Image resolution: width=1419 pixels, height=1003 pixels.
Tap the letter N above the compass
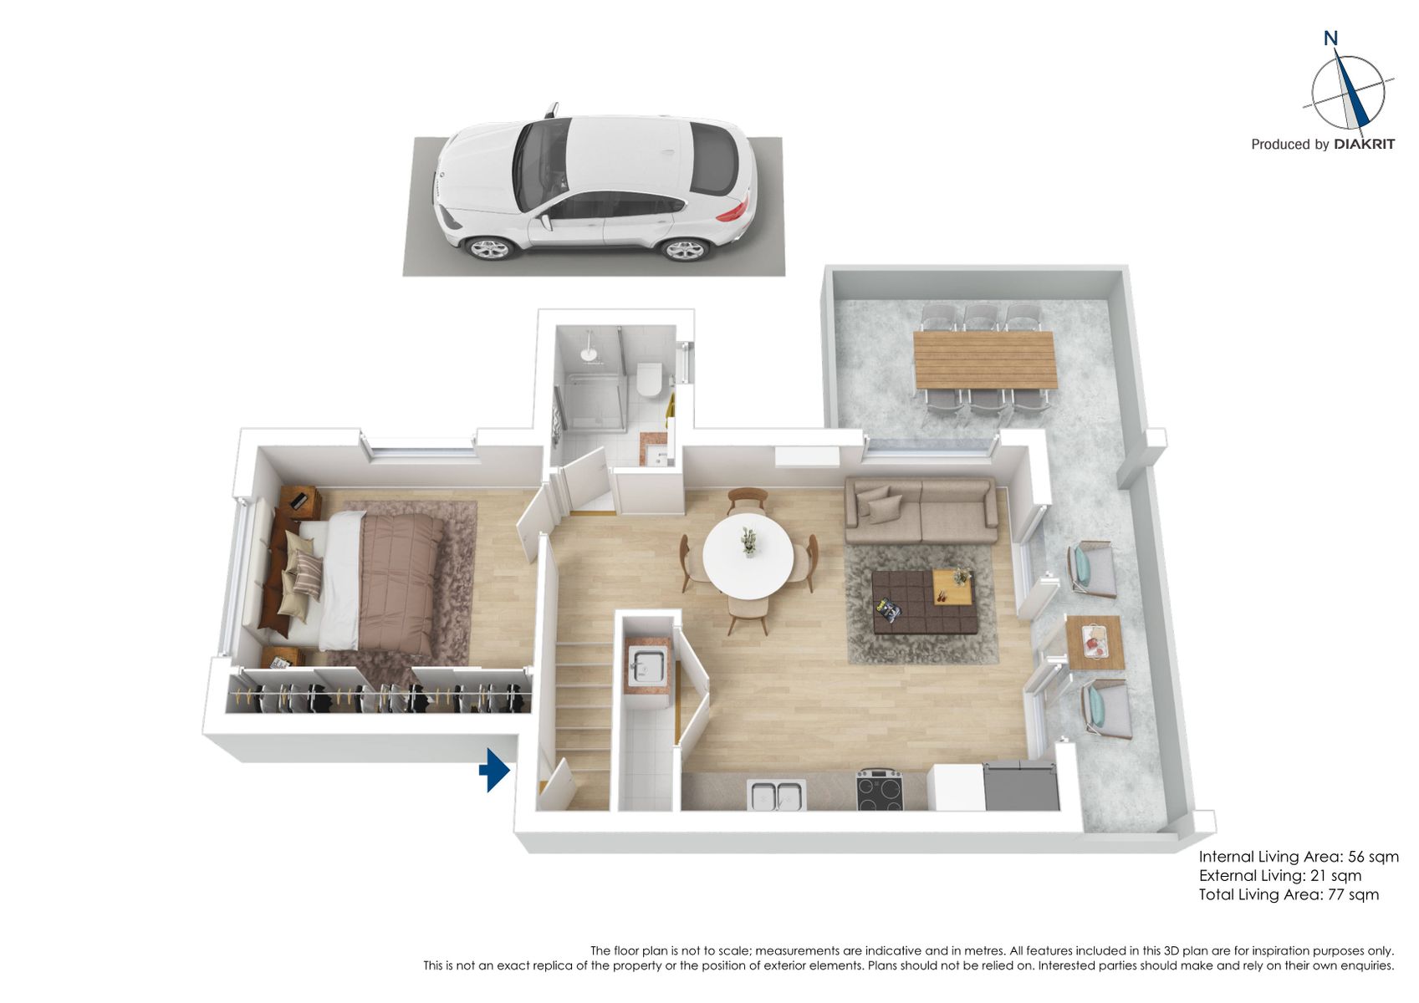coord(1330,39)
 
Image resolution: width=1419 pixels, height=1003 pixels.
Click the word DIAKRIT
coord(1364,145)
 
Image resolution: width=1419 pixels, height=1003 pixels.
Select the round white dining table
coord(748,556)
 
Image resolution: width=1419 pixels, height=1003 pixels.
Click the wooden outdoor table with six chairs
coord(986,359)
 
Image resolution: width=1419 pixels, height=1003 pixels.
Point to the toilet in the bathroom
coord(650,379)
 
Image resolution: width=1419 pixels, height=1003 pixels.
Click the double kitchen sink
coord(776,796)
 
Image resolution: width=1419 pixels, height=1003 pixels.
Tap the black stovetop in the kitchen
coord(880,790)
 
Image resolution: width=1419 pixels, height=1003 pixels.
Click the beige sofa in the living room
coord(921,511)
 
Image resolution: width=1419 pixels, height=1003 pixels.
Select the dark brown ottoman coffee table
coord(923,601)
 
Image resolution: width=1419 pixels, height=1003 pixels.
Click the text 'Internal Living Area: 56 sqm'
coord(1299,858)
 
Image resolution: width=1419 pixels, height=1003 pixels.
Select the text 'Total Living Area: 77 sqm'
coord(1289,894)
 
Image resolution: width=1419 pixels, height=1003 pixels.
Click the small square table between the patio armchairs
coord(1095,643)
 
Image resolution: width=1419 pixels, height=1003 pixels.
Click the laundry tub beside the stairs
coord(646,666)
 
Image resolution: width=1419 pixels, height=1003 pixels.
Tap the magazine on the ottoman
coord(888,610)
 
